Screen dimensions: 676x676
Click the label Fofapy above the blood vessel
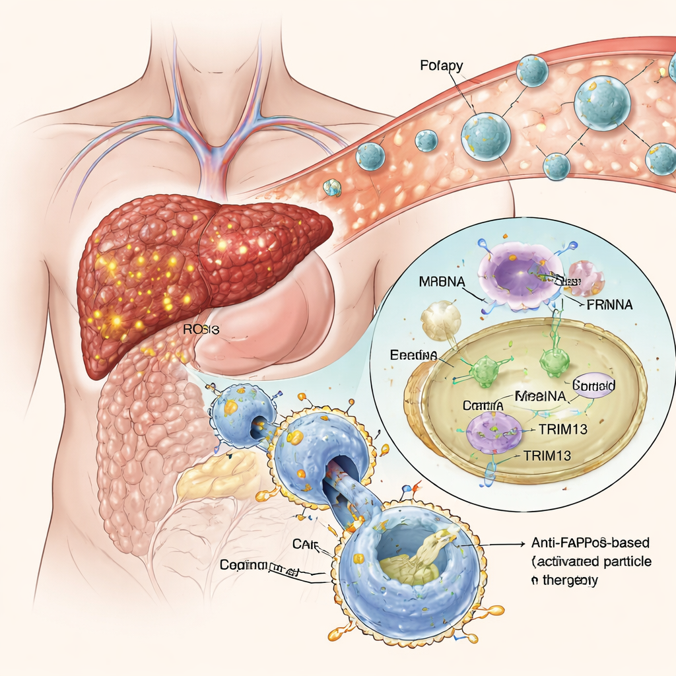pyautogui.click(x=441, y=66)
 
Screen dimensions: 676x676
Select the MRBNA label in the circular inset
pyautogui.click(x=442, y=281)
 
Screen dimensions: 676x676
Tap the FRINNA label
pyautogui.click(x=609, y=304)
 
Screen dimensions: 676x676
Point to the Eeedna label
pyautogui.click(x=413, y=355)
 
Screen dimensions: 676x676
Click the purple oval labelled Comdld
pyautogui.click(x=593, y=384)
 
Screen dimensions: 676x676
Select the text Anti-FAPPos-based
pyautogui.click(x=590, y=543)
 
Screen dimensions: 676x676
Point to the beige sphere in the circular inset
pyautogui.click(x=440, y=320)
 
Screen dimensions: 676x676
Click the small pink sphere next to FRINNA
pyautogui.click(x=586, y=277)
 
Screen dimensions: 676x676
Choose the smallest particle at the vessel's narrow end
pyautogui.click(x=331, y=188)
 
